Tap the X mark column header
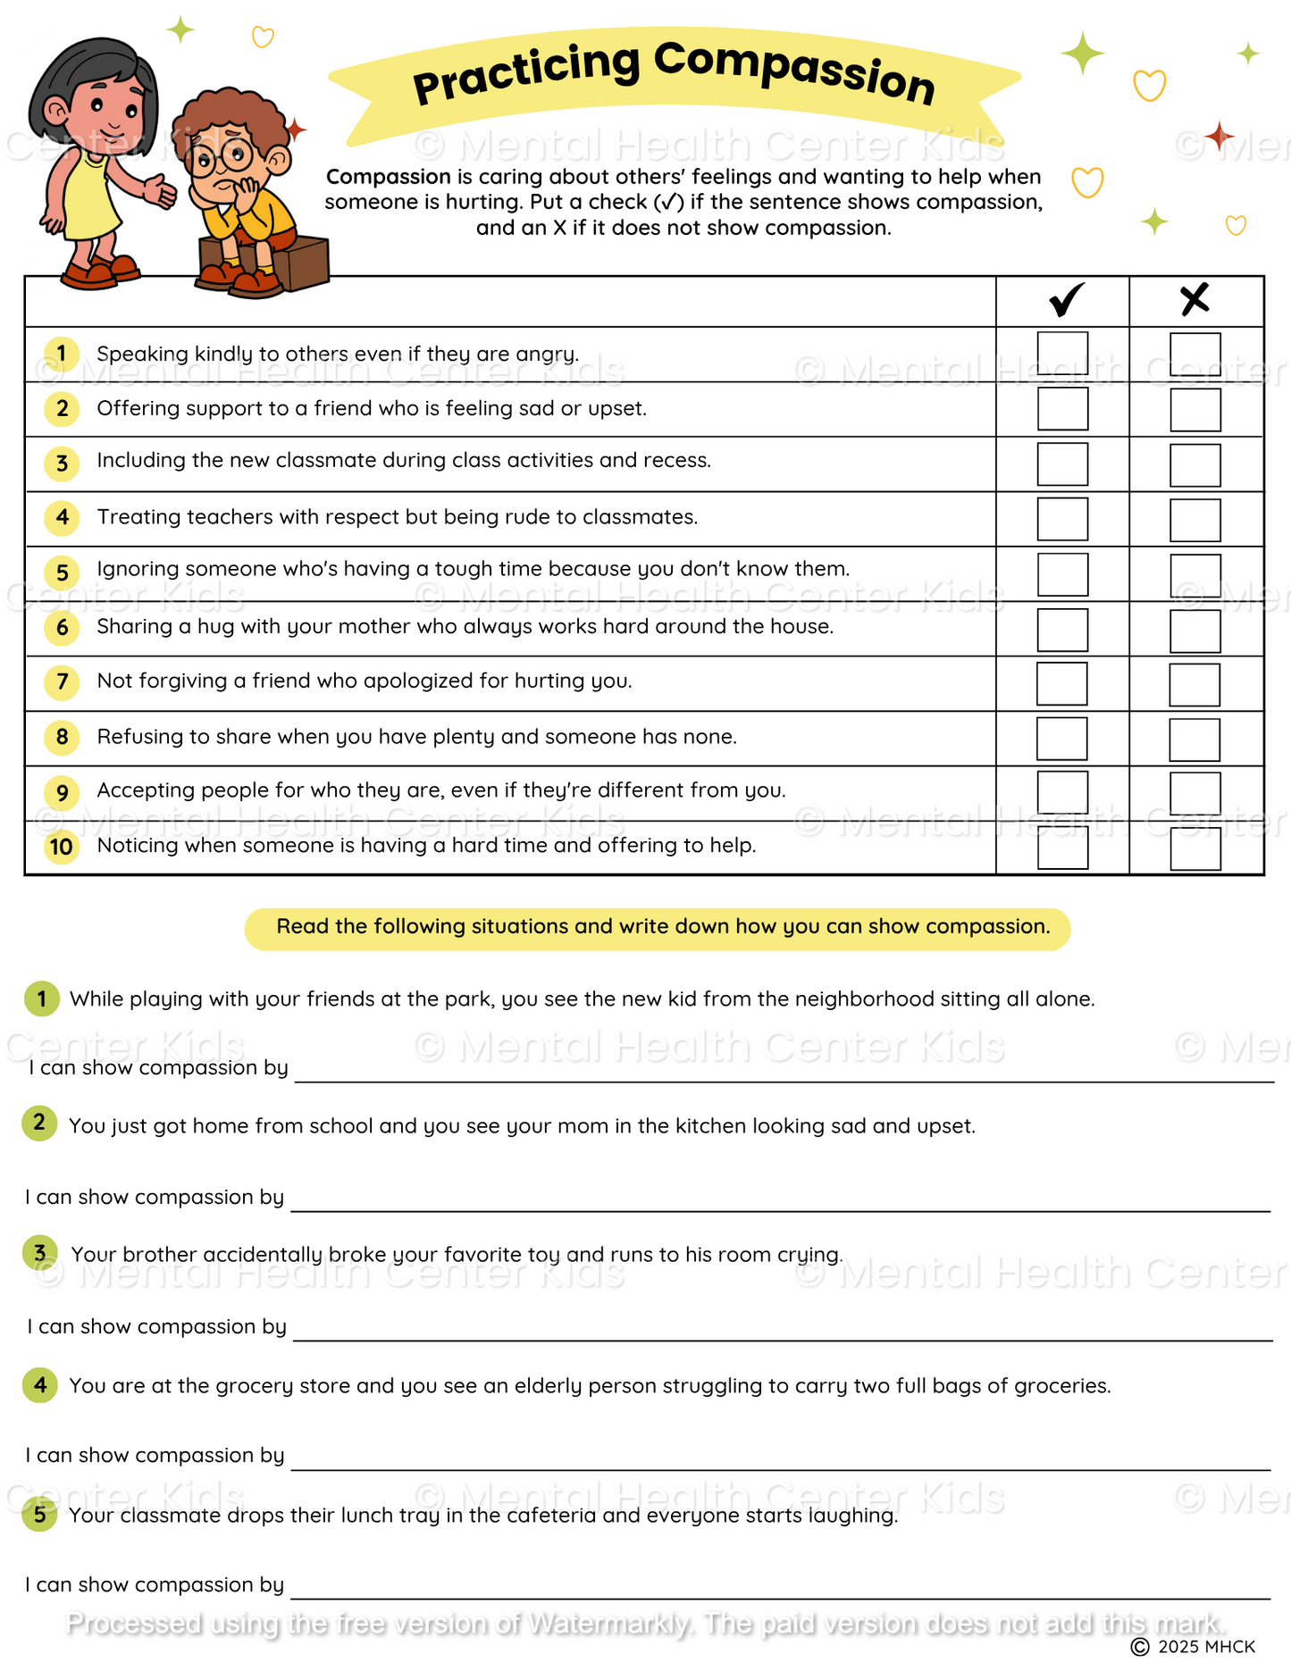(1195, 300)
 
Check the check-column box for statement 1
(1062, 355)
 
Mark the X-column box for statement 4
(1195, 520)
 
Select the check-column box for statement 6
(1062, 630)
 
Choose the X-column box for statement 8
(1195, 739)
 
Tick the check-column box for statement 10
(1062, 848)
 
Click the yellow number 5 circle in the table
(62, 572)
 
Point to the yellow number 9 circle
(62, 792)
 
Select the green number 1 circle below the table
(41, 998)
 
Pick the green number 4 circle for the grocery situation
(40, 1385)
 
